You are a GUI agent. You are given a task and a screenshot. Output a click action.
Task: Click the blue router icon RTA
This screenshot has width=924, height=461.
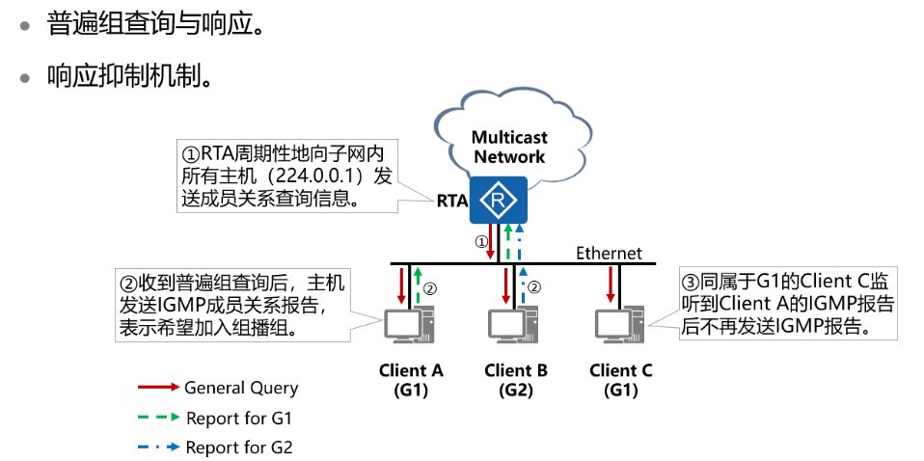[x=499, y=200]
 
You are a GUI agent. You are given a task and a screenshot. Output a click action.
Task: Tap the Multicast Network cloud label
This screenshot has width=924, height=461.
[x=509, y=148]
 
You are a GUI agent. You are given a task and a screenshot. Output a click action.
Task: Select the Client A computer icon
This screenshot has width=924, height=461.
[x=409, y=325]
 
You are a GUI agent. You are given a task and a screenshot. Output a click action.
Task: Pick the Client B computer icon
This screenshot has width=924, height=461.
[x=513, y=325]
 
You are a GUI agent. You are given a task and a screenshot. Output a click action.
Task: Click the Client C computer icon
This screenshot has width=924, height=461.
[x=619, y=325]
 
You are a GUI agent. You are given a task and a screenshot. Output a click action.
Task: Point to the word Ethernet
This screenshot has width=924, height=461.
[x=609, y=254]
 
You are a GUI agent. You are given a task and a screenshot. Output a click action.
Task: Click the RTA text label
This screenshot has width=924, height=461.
[x=452, y=201]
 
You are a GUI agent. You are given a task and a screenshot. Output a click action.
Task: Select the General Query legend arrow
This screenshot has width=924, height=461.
[x=158, y=388]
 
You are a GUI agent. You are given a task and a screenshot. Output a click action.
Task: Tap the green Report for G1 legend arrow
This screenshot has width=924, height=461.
[x=158, y=418]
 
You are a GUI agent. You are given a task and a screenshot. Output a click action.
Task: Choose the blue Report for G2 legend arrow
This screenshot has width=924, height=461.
[x=158, y=447]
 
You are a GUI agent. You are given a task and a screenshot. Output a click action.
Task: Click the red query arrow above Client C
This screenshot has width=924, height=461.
[x=611, y=285]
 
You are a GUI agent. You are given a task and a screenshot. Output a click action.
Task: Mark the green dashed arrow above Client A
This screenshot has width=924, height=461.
[x=418, y=286]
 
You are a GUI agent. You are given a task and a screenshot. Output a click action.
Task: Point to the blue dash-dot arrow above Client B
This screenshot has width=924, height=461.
[x=522, y=286]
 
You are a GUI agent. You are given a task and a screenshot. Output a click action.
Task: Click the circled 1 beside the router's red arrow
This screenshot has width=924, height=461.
[x=482, y=242]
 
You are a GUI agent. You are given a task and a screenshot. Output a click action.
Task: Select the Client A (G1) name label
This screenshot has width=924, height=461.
[x=410, y=380]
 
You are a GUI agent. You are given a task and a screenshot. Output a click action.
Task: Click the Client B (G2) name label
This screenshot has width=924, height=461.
[x=516, y=380]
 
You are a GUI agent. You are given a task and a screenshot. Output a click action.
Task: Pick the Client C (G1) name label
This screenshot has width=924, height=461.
[x=621, y=380]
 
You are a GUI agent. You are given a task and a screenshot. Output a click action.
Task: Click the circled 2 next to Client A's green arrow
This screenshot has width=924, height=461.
[x=431, y=288]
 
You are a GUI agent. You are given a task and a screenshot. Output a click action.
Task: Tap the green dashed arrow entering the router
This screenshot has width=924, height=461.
[x=507, y=242]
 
